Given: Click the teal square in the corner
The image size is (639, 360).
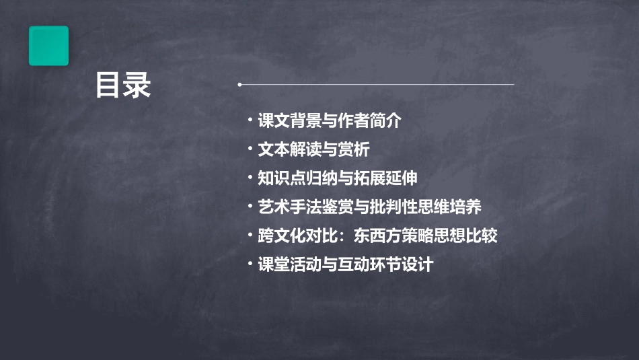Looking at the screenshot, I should click(48, 46).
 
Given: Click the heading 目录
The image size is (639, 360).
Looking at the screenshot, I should click(123, 86).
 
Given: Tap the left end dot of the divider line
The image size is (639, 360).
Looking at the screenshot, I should click(239, 85).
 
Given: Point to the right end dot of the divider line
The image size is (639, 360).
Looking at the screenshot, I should click(513, 85).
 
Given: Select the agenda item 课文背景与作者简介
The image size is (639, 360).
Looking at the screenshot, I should click(329, 121).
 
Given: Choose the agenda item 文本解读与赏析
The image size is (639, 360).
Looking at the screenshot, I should click(313, 149).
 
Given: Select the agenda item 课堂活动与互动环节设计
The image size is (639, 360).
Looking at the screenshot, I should click(345, 264).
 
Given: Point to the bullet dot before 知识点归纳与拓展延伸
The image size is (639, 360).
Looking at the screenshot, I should click(250, 178).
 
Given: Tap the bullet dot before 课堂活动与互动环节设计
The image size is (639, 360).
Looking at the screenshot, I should click(250, 264).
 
